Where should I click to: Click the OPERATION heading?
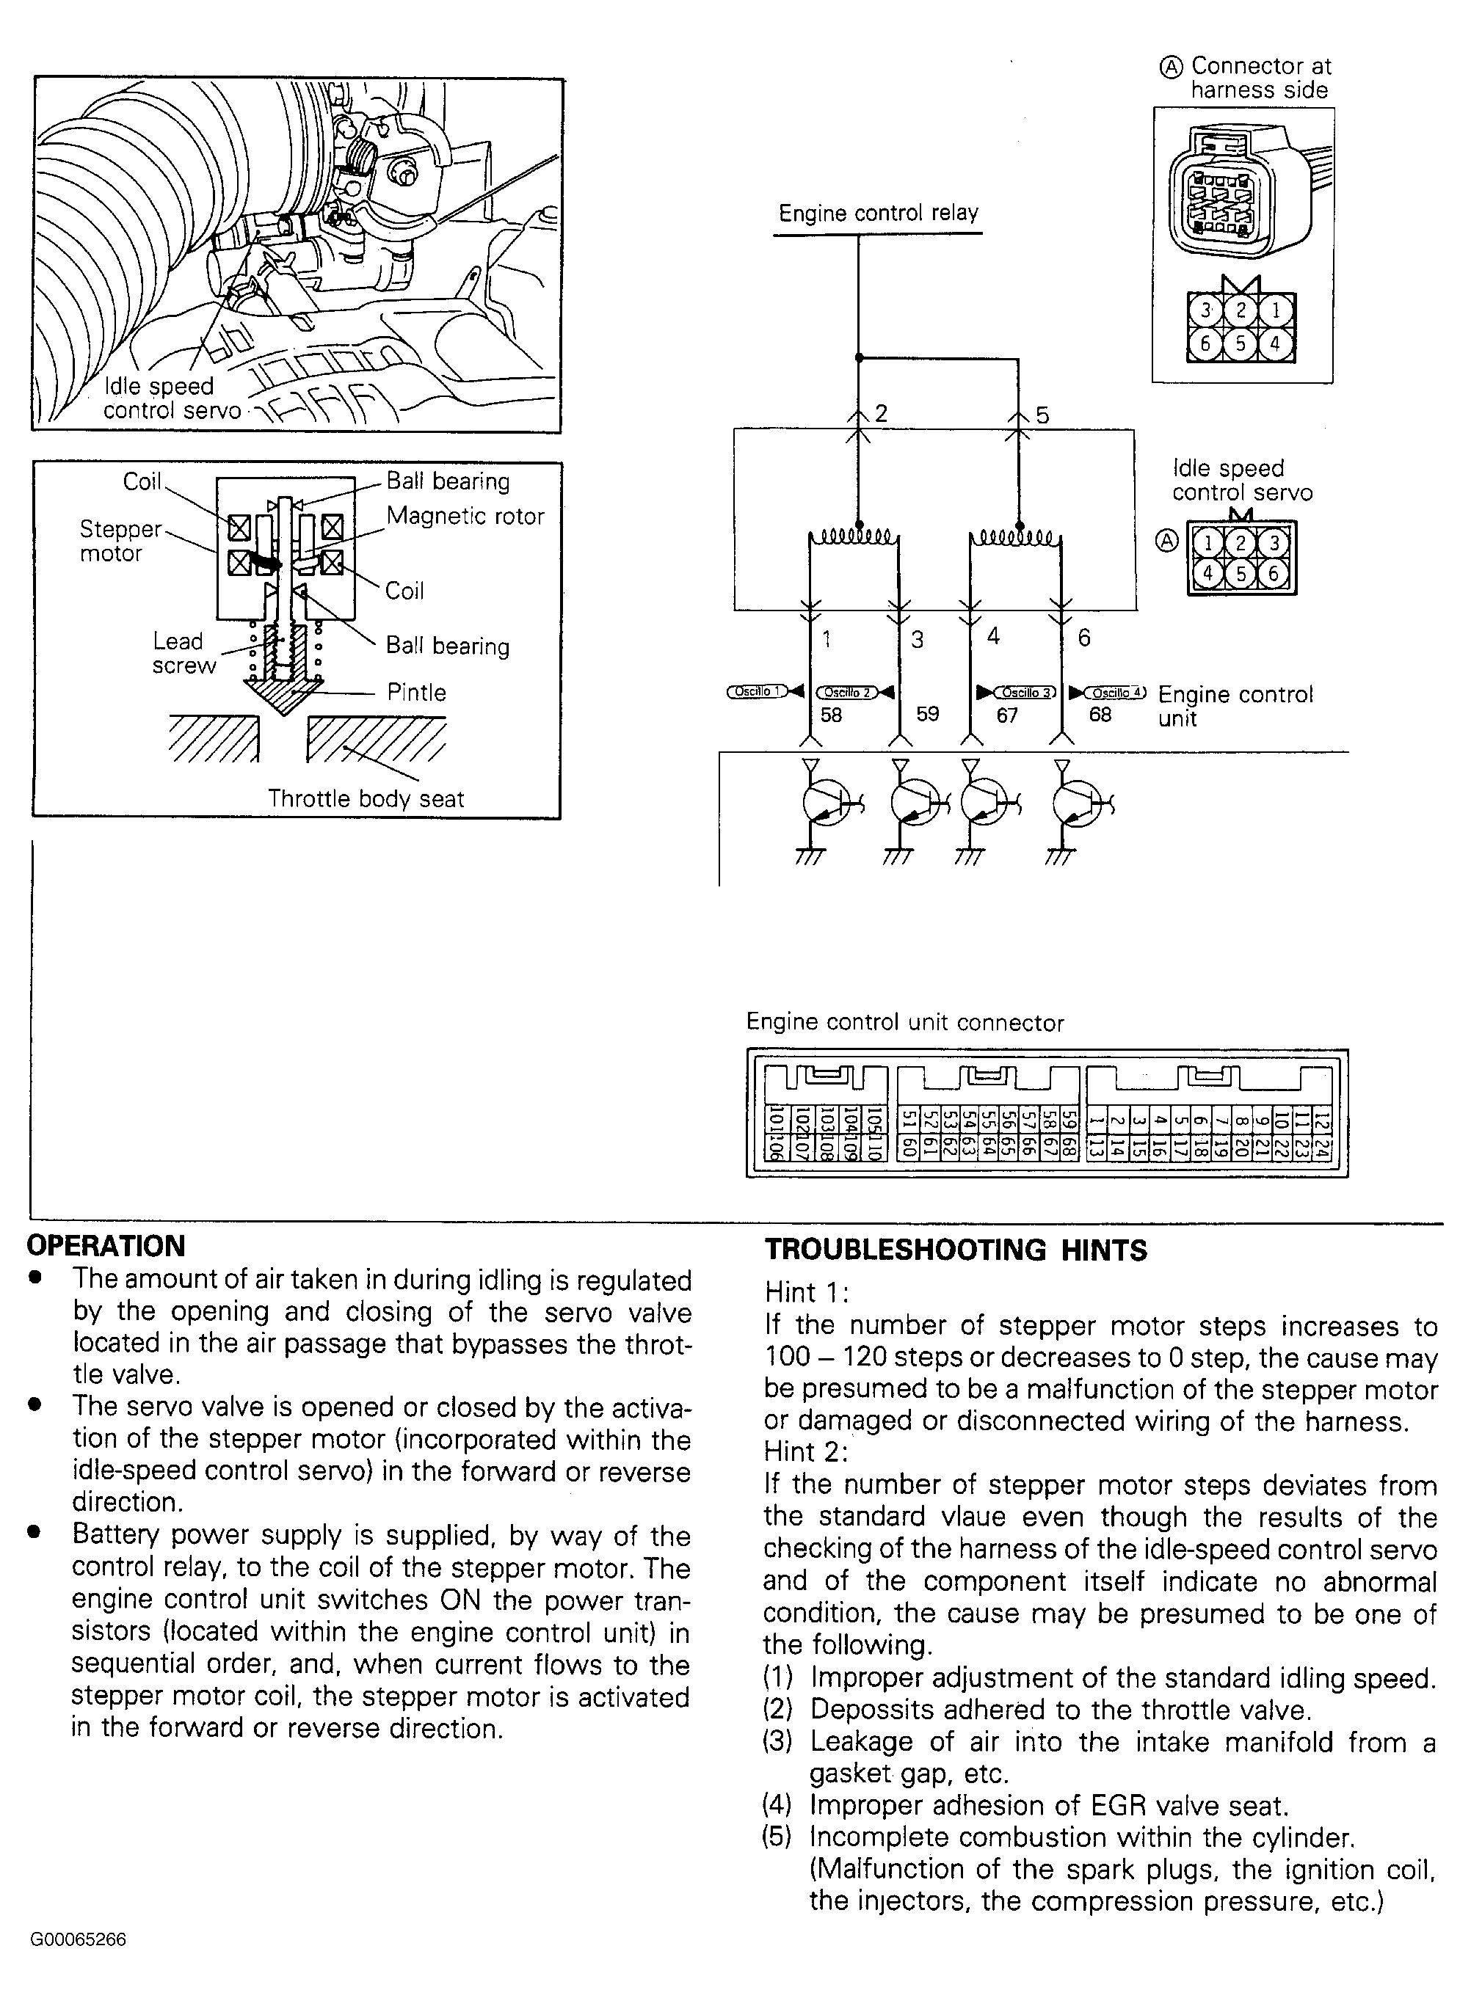coord(106,1245)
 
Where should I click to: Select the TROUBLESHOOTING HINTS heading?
coord(956,1250)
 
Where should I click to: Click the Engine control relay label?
coord(878,214)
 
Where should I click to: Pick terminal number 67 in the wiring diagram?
coord(1007,715)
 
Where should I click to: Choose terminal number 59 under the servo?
coord(928,714)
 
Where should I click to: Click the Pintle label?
coord(416,692)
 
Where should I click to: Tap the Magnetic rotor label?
coord(465,517)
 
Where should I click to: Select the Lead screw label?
coord(184,653)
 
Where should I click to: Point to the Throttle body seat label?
coord(366,798)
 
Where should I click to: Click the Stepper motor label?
coord(120,542)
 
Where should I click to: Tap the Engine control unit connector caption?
coord(904,1023)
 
